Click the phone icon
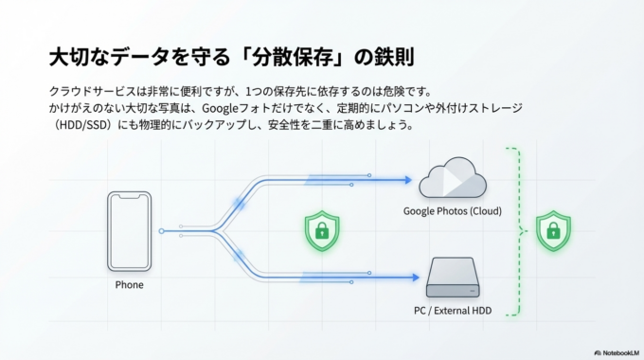[x=130, y=230]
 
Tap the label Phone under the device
[x=130, y=284]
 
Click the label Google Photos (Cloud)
[x=452, y=210]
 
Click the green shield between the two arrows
[x=321, y=229]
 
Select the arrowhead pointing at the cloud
[x=408, y=178]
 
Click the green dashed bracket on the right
[x=515, y=230]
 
